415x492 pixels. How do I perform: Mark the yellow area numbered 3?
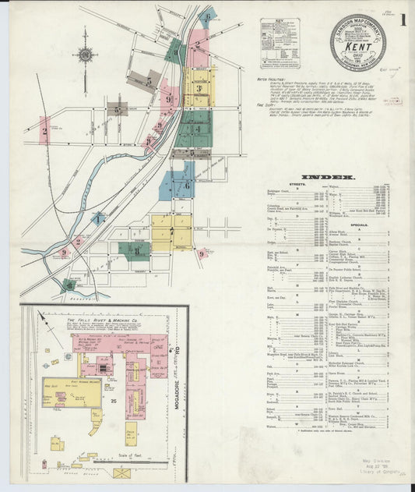pyautogui.click(x=199, y=89)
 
